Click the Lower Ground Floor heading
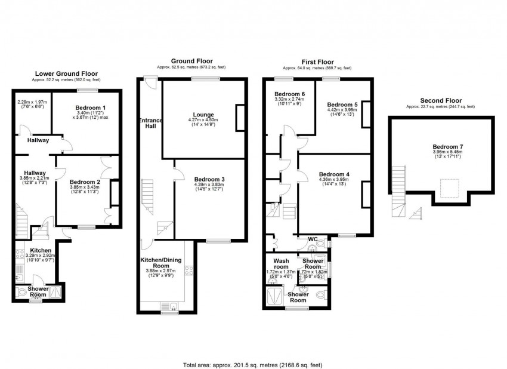[66, 73]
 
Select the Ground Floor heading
[191, 61]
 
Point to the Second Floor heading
[440, 100]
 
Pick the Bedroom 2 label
[84, 182]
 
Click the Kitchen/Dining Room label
[162, 263]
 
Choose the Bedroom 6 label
[289, 94]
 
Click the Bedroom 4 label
[334, 174]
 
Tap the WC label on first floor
[313, 239]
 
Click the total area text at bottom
[253, 364]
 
